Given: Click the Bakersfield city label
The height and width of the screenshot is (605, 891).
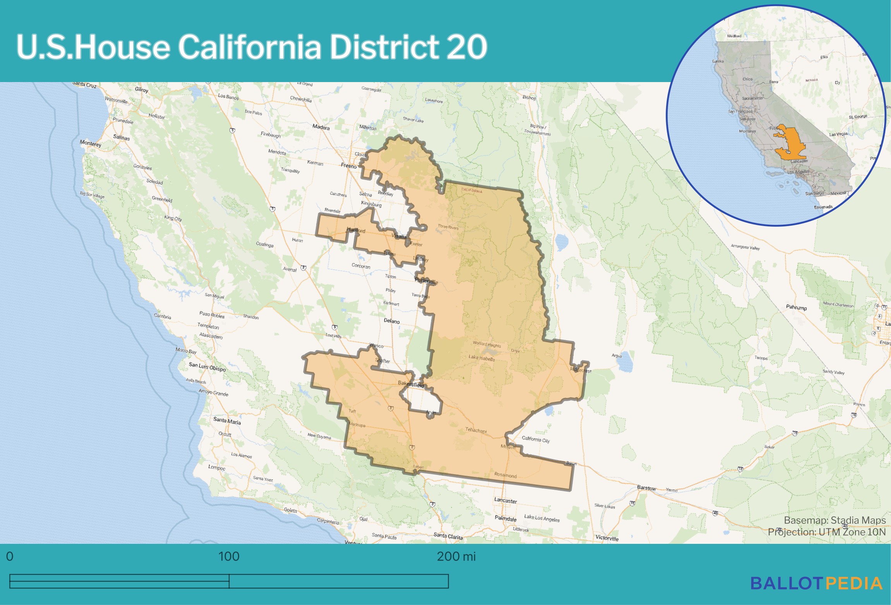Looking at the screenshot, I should click(x=411, y=384).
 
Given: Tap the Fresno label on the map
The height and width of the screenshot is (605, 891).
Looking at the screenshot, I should click(x=348, y=166).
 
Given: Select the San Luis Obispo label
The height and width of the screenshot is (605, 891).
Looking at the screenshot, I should click(x=207, y=367).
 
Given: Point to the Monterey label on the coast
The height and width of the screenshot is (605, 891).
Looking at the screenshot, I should click(x=91, y=143).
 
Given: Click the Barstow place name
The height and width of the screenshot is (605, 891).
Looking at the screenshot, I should click(x=646, y=488).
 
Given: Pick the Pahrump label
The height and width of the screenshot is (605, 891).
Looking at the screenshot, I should click(x=796, y=307).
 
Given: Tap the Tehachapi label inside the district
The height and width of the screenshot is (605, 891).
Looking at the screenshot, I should click(x=476, y=430).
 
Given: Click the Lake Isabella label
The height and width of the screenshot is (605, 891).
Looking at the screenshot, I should click(x=481, y=358).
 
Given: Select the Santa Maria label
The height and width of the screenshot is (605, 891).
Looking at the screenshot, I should click(x=227, y=421).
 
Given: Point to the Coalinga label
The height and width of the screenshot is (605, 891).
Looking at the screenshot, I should click(x=265, y=245).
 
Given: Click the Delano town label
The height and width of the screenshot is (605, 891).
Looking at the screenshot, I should click(x=392, y=321).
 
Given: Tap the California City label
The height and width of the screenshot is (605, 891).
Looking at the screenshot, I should click(x=535, y=439).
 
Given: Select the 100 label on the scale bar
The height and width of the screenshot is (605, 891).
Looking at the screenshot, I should click(x=229, y=557).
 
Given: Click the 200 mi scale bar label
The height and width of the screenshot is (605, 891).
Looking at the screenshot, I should click(x=456, y=557).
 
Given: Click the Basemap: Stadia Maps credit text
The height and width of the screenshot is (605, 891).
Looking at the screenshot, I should click(x=834, y=520).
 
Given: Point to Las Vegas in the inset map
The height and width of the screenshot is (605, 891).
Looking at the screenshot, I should click(x=838, y=134).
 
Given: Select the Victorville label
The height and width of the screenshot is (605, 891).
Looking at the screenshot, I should click(x=607, y=538).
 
